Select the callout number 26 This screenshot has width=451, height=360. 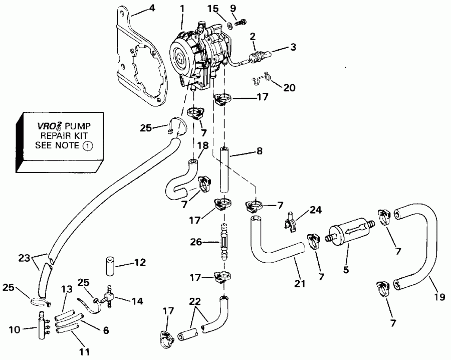pos(196,242)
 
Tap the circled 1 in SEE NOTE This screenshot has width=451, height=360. pos(88,146)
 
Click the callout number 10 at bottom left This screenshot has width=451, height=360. pos(16,329)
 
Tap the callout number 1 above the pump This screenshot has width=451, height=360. pos(182,8)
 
